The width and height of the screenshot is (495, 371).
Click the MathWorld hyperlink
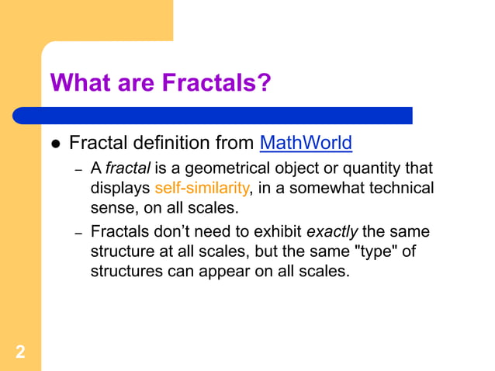tap(306, 144)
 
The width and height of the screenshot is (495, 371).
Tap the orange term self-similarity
tap(202, 188)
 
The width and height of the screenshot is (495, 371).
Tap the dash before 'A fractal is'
tap(78, 168)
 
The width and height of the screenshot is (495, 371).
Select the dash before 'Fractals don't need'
tap(78, 232)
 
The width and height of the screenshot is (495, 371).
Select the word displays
tap(120, 188)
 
